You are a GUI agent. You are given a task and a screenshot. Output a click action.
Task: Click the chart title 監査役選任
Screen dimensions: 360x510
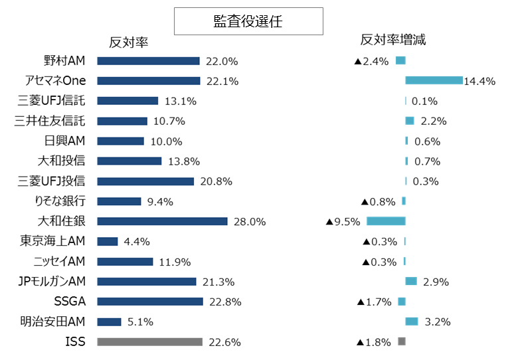[x=248, y=21]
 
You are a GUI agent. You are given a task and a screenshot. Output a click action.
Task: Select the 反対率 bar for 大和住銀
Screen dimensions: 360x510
[x=162, y=221]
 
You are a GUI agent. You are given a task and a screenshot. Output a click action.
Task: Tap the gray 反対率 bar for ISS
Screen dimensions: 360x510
[x=149, y=341]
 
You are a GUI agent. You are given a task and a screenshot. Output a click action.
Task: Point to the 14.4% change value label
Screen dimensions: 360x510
[x=480, y=81]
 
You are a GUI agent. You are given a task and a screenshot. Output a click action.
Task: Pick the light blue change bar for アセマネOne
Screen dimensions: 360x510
[x=434, y=80]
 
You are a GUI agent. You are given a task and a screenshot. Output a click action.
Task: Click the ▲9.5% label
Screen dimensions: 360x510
[x=343, y=221]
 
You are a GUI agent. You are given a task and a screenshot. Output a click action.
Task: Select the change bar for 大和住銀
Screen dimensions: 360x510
[x=386, y=221]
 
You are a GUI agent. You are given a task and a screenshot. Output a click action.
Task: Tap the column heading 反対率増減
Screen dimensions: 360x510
[x=392, y=40]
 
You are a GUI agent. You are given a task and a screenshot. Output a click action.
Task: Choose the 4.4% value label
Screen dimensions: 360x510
[x=137, y=242]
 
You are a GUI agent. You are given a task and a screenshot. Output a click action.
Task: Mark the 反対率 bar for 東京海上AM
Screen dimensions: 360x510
[x=108, y=241]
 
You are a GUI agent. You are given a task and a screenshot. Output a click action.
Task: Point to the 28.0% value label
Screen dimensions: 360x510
[x=250, y=222]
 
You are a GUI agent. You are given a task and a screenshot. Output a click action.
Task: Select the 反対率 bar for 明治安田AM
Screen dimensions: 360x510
[x=109, y=321]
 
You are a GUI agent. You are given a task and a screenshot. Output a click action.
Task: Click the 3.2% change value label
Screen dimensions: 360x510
[x=438, y=322]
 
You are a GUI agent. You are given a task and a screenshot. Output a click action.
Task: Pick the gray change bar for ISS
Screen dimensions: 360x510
[x=401, y=341]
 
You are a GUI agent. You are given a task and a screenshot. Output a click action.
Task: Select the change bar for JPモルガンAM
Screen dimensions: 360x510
[x=411, y=281]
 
